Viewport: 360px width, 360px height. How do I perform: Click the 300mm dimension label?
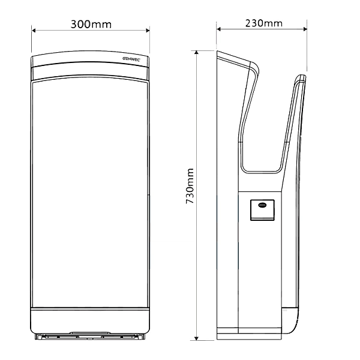pos(91,25)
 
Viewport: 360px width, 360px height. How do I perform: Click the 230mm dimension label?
pos(264,23)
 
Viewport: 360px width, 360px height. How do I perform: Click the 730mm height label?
pos(190,186)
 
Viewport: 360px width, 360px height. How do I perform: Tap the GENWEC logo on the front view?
pos(131,59)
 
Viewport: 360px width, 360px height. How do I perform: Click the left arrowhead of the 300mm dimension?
pos(34,31)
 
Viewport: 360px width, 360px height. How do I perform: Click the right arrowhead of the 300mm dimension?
pos(148,31)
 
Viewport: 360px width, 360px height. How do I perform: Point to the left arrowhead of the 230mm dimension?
pos(218,29)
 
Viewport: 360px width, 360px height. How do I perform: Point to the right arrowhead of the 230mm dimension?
pos(305,29)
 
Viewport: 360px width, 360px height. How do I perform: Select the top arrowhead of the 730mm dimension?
pos(196,52)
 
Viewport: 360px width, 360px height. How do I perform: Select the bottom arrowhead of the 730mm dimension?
pos(196,338)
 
